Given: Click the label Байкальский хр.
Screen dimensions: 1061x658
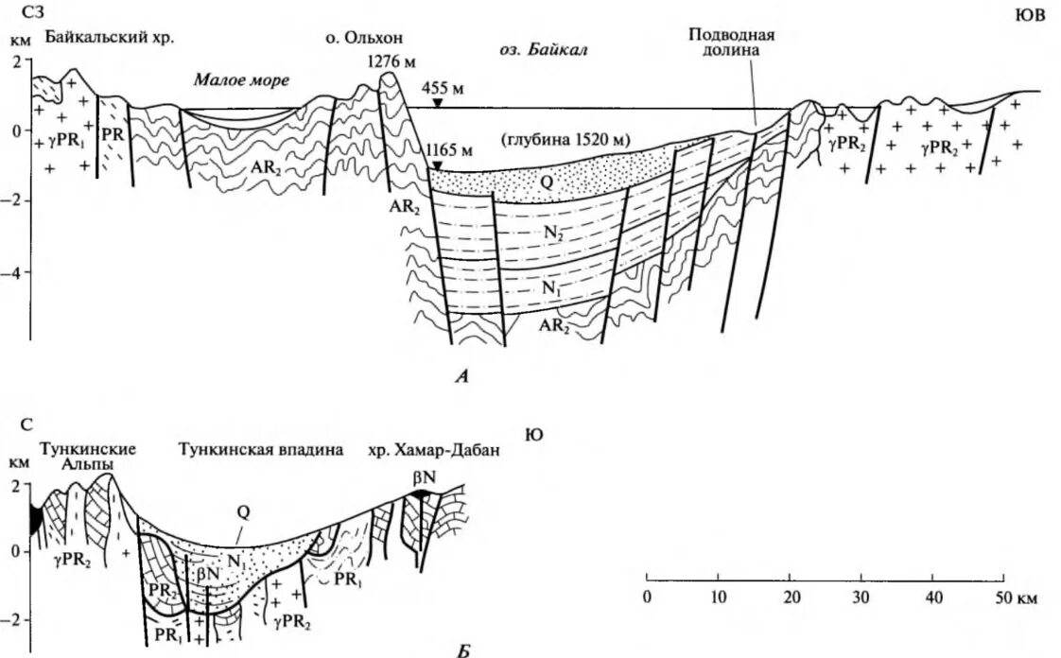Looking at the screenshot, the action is [x=111, y=39].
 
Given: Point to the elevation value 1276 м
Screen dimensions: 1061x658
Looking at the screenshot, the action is [x=390, y=61].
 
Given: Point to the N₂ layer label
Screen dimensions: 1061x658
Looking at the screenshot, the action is [x=552, y=235].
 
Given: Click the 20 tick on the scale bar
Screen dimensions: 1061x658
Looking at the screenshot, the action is [x=791, y=597].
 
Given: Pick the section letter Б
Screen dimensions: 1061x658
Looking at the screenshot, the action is [x=462, y=650].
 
